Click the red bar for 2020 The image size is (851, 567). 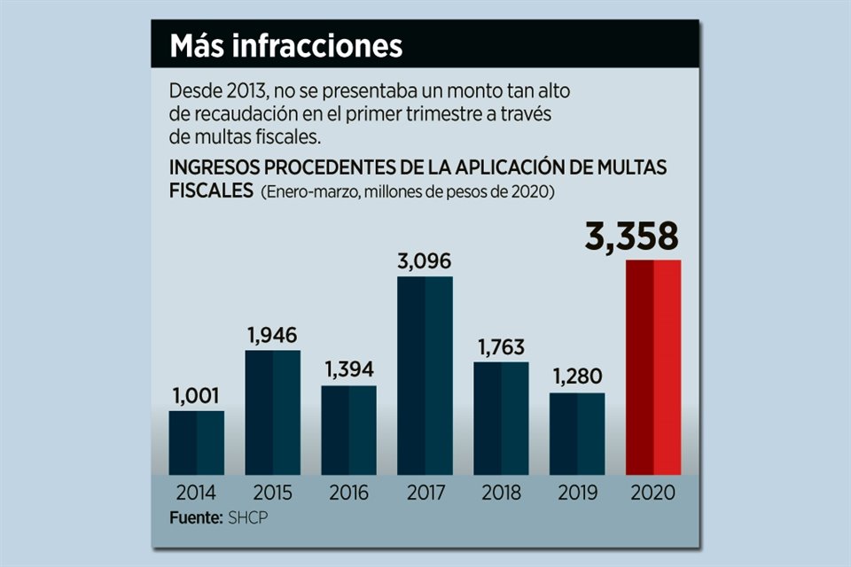[653, 367]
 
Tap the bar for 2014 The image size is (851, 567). [196, 442]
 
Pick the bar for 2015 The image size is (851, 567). [272, 412]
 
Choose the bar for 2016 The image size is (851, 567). [348, 430]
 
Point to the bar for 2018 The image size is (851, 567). [501, 417]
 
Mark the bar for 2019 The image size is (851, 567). [577, 433]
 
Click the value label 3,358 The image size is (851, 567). [631, 237]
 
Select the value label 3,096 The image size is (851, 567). [425, 262]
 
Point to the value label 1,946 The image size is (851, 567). [272, 336]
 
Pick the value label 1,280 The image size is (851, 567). [577, 378]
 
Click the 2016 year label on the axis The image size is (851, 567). [348, 493]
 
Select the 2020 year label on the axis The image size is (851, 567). [653, 493]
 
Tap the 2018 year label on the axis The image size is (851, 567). [501, 493]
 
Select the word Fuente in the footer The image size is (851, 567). [195, 516]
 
